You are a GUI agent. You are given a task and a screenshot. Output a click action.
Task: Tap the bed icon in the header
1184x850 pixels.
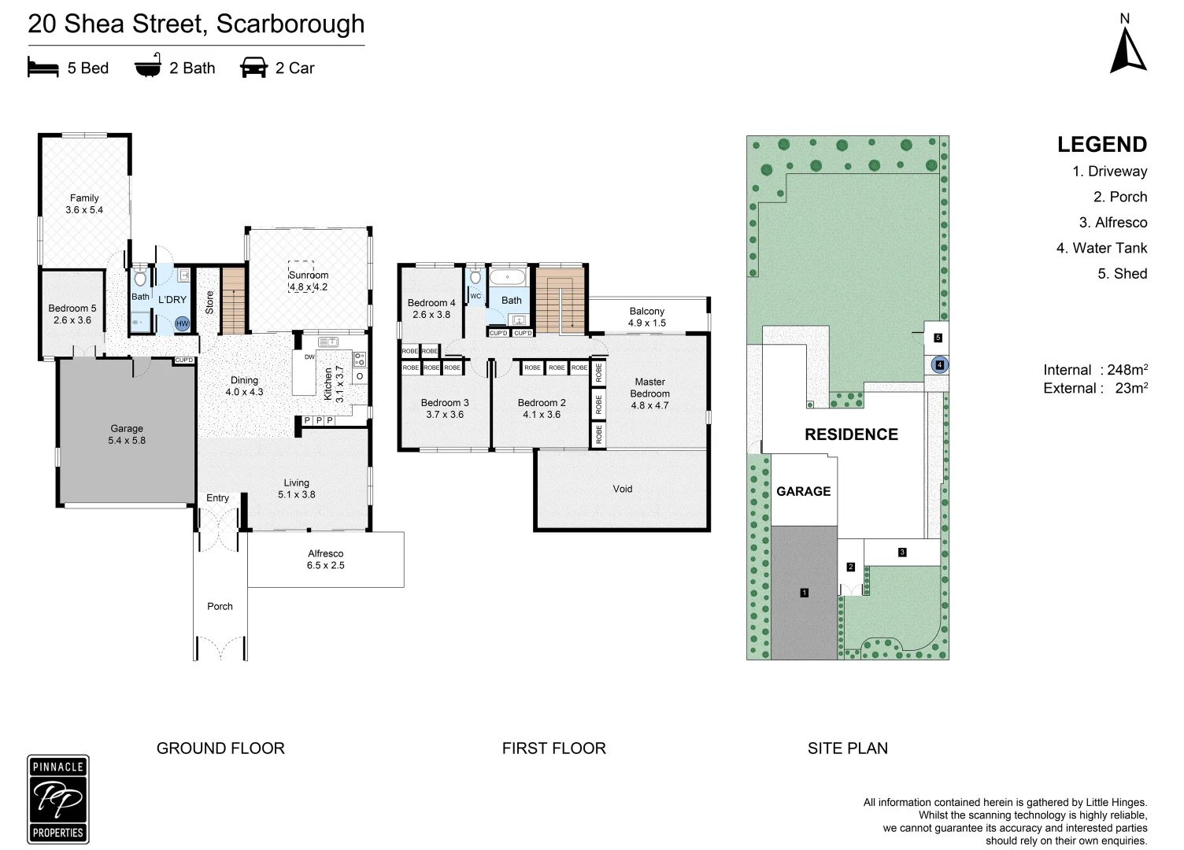[43, 68]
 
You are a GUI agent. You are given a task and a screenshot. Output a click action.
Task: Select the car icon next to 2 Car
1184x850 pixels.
[253, 68]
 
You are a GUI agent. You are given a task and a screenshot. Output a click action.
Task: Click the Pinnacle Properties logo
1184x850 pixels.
[58, 799]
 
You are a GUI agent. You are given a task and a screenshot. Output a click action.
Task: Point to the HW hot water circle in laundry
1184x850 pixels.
[182, 323]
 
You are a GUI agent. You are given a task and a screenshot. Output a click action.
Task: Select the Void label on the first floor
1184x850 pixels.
[622, 489]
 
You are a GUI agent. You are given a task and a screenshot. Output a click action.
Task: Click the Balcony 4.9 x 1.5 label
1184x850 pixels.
[647, 316]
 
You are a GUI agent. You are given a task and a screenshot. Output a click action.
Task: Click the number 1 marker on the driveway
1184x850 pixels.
[804, 593]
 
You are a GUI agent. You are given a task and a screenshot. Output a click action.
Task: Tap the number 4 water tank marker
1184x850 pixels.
[939, 365]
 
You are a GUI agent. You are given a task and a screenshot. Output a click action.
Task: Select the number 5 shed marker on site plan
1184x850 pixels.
[938, 338]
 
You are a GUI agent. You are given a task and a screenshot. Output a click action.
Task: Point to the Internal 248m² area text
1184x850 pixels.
[1095, 370]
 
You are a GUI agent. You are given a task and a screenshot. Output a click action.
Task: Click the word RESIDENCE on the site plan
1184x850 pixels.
[851, 434]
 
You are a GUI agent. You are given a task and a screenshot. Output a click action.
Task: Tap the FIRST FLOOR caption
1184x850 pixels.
[553, 748]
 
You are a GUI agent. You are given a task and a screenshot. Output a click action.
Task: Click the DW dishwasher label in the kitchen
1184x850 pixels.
[309, 357]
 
